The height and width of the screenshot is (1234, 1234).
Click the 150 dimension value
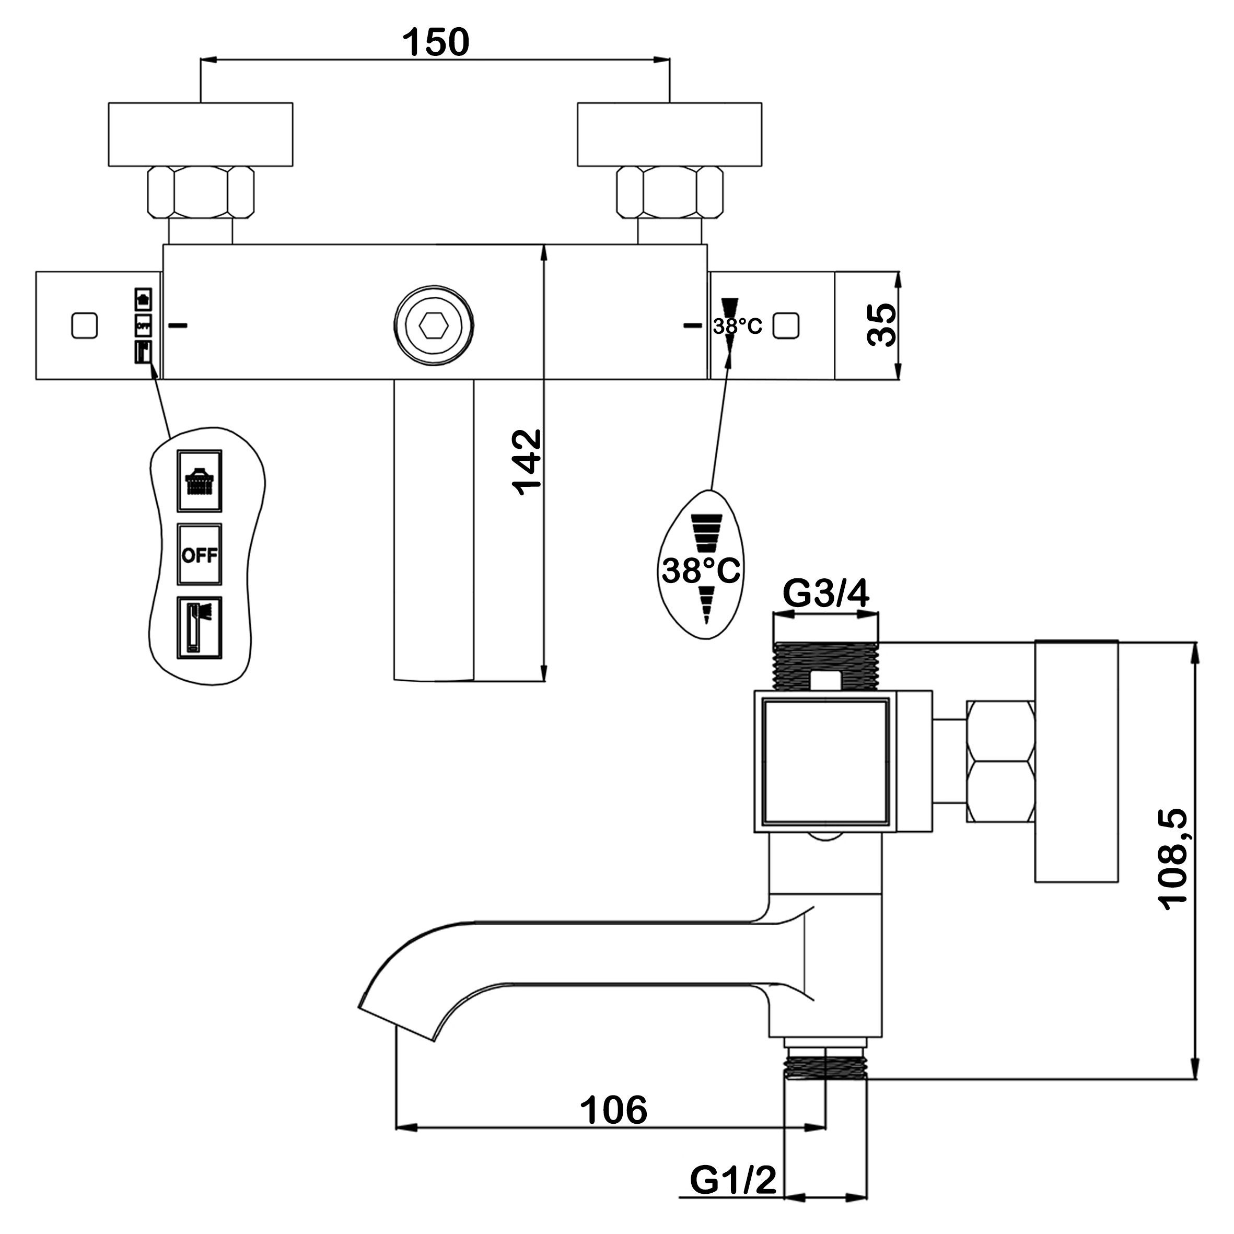point(436,42)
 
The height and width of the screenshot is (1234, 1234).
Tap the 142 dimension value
point(527,462)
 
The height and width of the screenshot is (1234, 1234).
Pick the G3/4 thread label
point(825,594)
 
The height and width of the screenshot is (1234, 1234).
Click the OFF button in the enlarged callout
point(199,555)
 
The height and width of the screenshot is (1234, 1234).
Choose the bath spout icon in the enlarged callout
point(199,628)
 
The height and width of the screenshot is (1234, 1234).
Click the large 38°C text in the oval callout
point(701,571)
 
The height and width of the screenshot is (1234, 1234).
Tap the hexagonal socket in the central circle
point(434,326)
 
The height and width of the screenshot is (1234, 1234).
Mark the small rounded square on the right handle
point(786,326)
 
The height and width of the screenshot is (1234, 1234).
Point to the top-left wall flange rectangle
point(200,134)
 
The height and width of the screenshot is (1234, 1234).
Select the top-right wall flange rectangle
point(669,134)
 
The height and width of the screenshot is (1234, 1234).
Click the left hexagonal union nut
point(200,192)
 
